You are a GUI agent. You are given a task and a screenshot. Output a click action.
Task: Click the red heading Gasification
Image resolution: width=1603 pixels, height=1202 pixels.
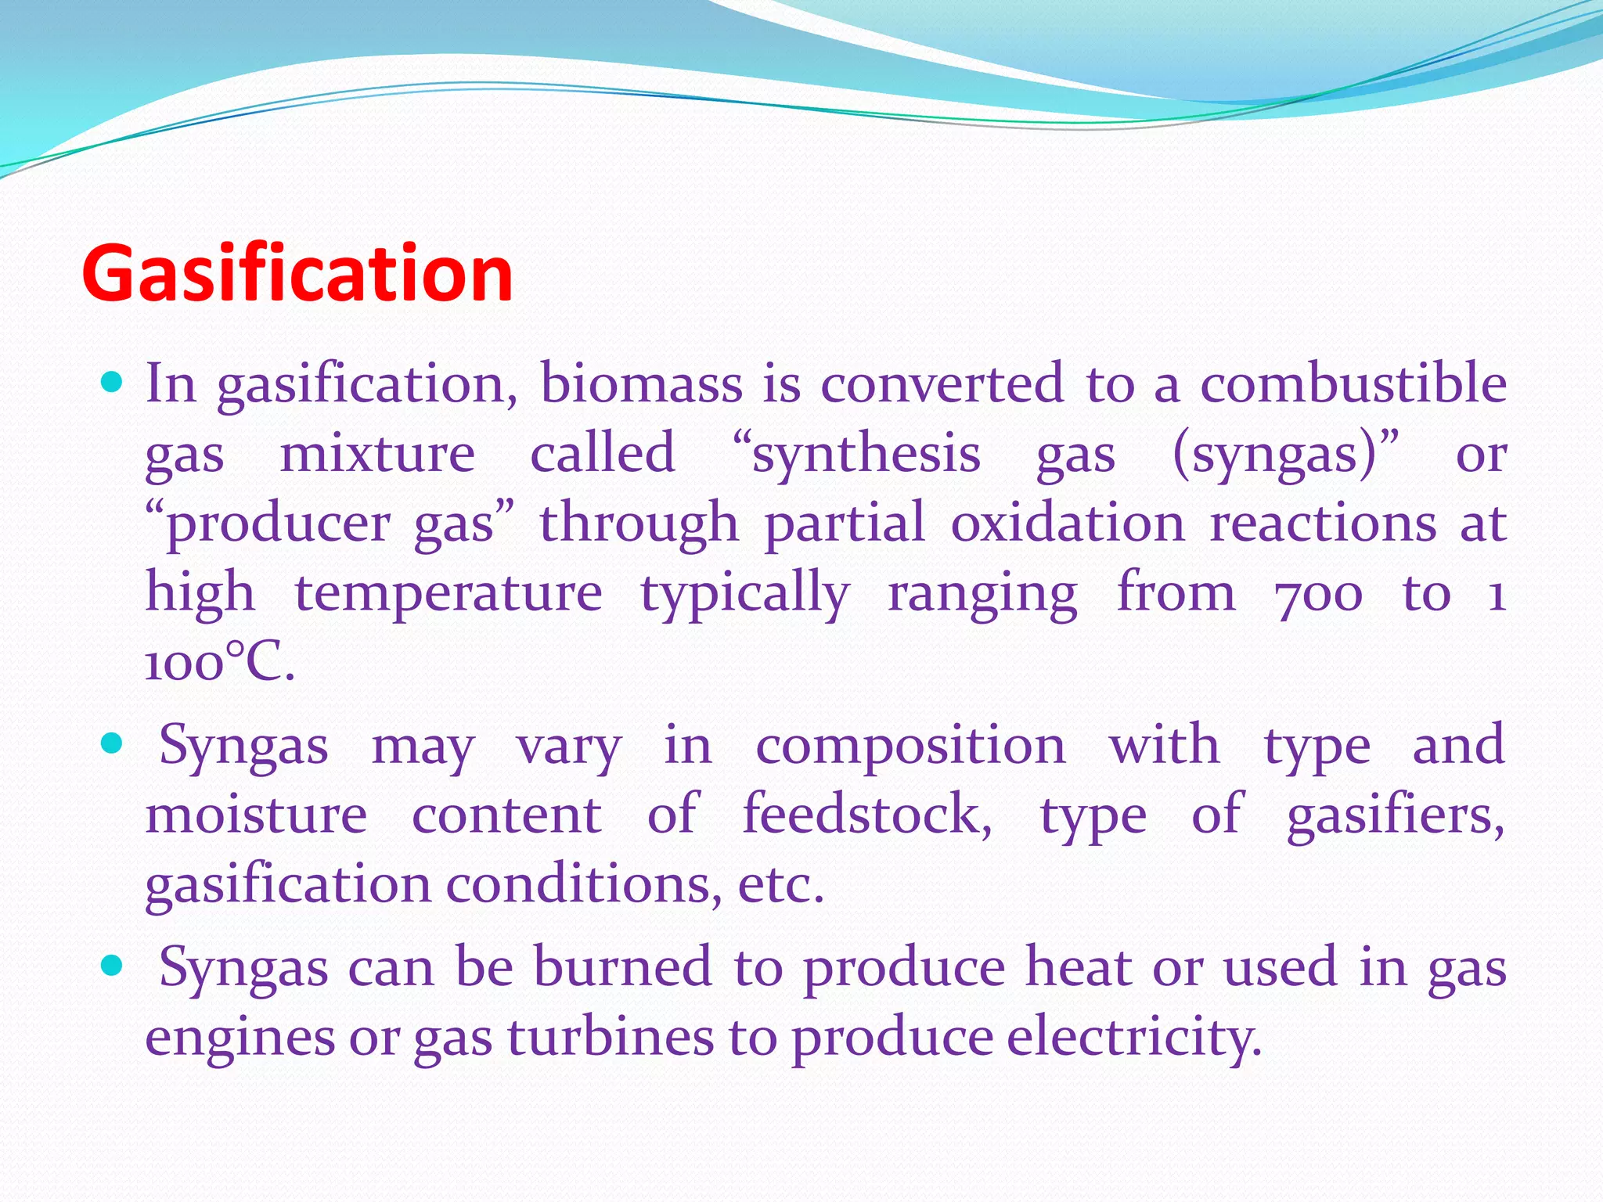297,273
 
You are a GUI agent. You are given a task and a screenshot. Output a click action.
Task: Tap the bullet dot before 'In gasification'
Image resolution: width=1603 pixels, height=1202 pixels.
113,383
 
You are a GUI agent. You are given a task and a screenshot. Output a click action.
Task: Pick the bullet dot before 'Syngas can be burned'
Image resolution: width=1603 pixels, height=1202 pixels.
113,966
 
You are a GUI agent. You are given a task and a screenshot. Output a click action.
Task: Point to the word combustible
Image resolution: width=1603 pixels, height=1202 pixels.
1353,384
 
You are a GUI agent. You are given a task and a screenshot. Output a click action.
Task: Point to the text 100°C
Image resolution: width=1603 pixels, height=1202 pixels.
220,663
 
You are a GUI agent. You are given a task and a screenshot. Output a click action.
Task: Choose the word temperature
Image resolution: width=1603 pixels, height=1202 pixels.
448,593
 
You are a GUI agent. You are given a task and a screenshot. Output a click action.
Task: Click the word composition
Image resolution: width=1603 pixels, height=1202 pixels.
910,745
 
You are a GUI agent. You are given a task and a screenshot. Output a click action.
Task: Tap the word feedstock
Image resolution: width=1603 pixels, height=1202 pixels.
866,814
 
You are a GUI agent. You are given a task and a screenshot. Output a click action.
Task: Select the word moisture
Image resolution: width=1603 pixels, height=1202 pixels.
256,814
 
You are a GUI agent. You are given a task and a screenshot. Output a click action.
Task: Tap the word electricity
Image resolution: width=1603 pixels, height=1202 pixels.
1133,1037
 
